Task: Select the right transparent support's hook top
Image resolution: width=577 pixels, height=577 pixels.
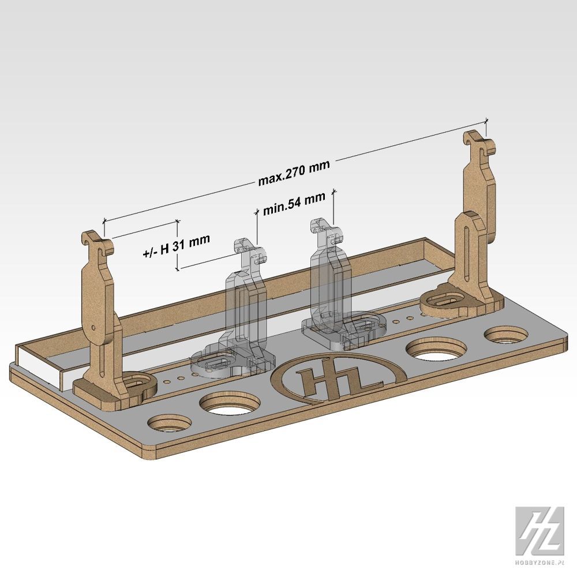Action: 327,231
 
